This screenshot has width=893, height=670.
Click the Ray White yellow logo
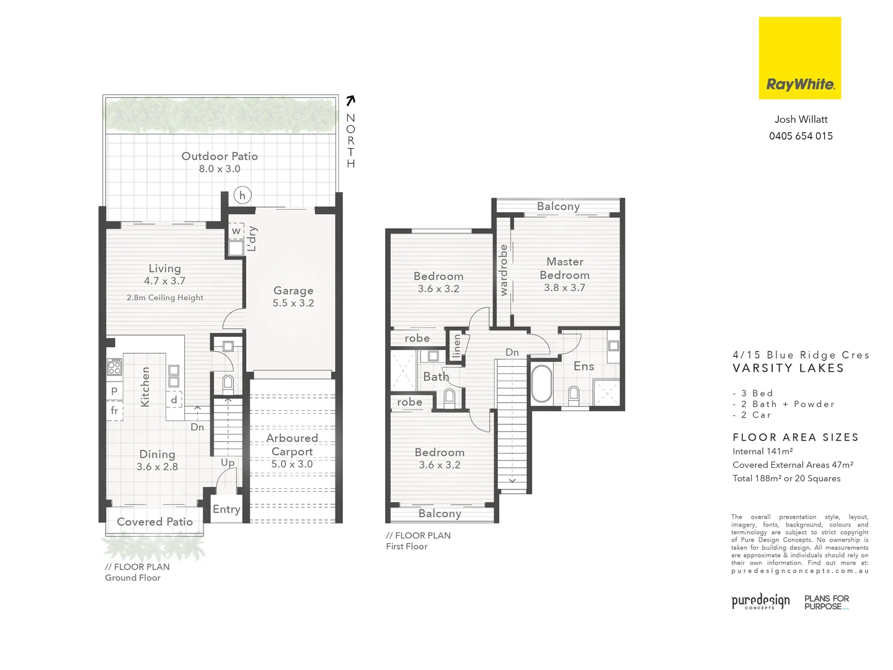click(799, 58)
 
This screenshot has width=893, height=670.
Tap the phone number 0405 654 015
click(801, 136)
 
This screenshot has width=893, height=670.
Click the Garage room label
click(293, 290)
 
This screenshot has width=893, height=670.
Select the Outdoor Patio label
click(220, 156)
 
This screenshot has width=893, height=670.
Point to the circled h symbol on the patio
click(242, 195)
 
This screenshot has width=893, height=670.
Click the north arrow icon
click(350, 100)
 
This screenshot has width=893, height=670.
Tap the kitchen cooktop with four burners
click(114, 367)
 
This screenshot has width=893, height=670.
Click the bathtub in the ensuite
click(541, 384)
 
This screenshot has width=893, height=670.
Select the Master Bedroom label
click(564, 268)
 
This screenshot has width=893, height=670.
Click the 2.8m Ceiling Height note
click(165, 298)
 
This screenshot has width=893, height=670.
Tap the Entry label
click(226, 509)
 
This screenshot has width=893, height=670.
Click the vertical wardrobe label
click(504, 270)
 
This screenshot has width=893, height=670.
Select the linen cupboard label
click(457, 346)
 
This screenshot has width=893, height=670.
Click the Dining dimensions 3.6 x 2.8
click(158, 467)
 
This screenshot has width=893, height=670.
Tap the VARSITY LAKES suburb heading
click(788, 368)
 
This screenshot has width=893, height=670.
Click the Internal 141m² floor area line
click(763, 452)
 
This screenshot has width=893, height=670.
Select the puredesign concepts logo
click(760, 602)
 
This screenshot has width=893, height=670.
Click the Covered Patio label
click(155, 522)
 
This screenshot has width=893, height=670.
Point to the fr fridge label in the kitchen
click(114, 411)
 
